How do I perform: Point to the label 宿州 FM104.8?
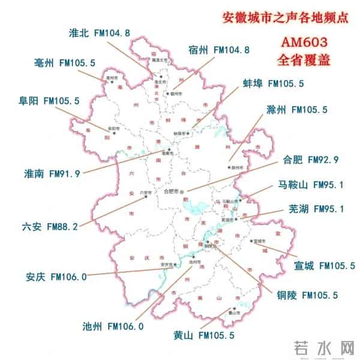click(218, 49)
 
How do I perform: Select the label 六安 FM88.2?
click(49, 227)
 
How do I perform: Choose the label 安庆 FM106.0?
click(56, 277)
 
